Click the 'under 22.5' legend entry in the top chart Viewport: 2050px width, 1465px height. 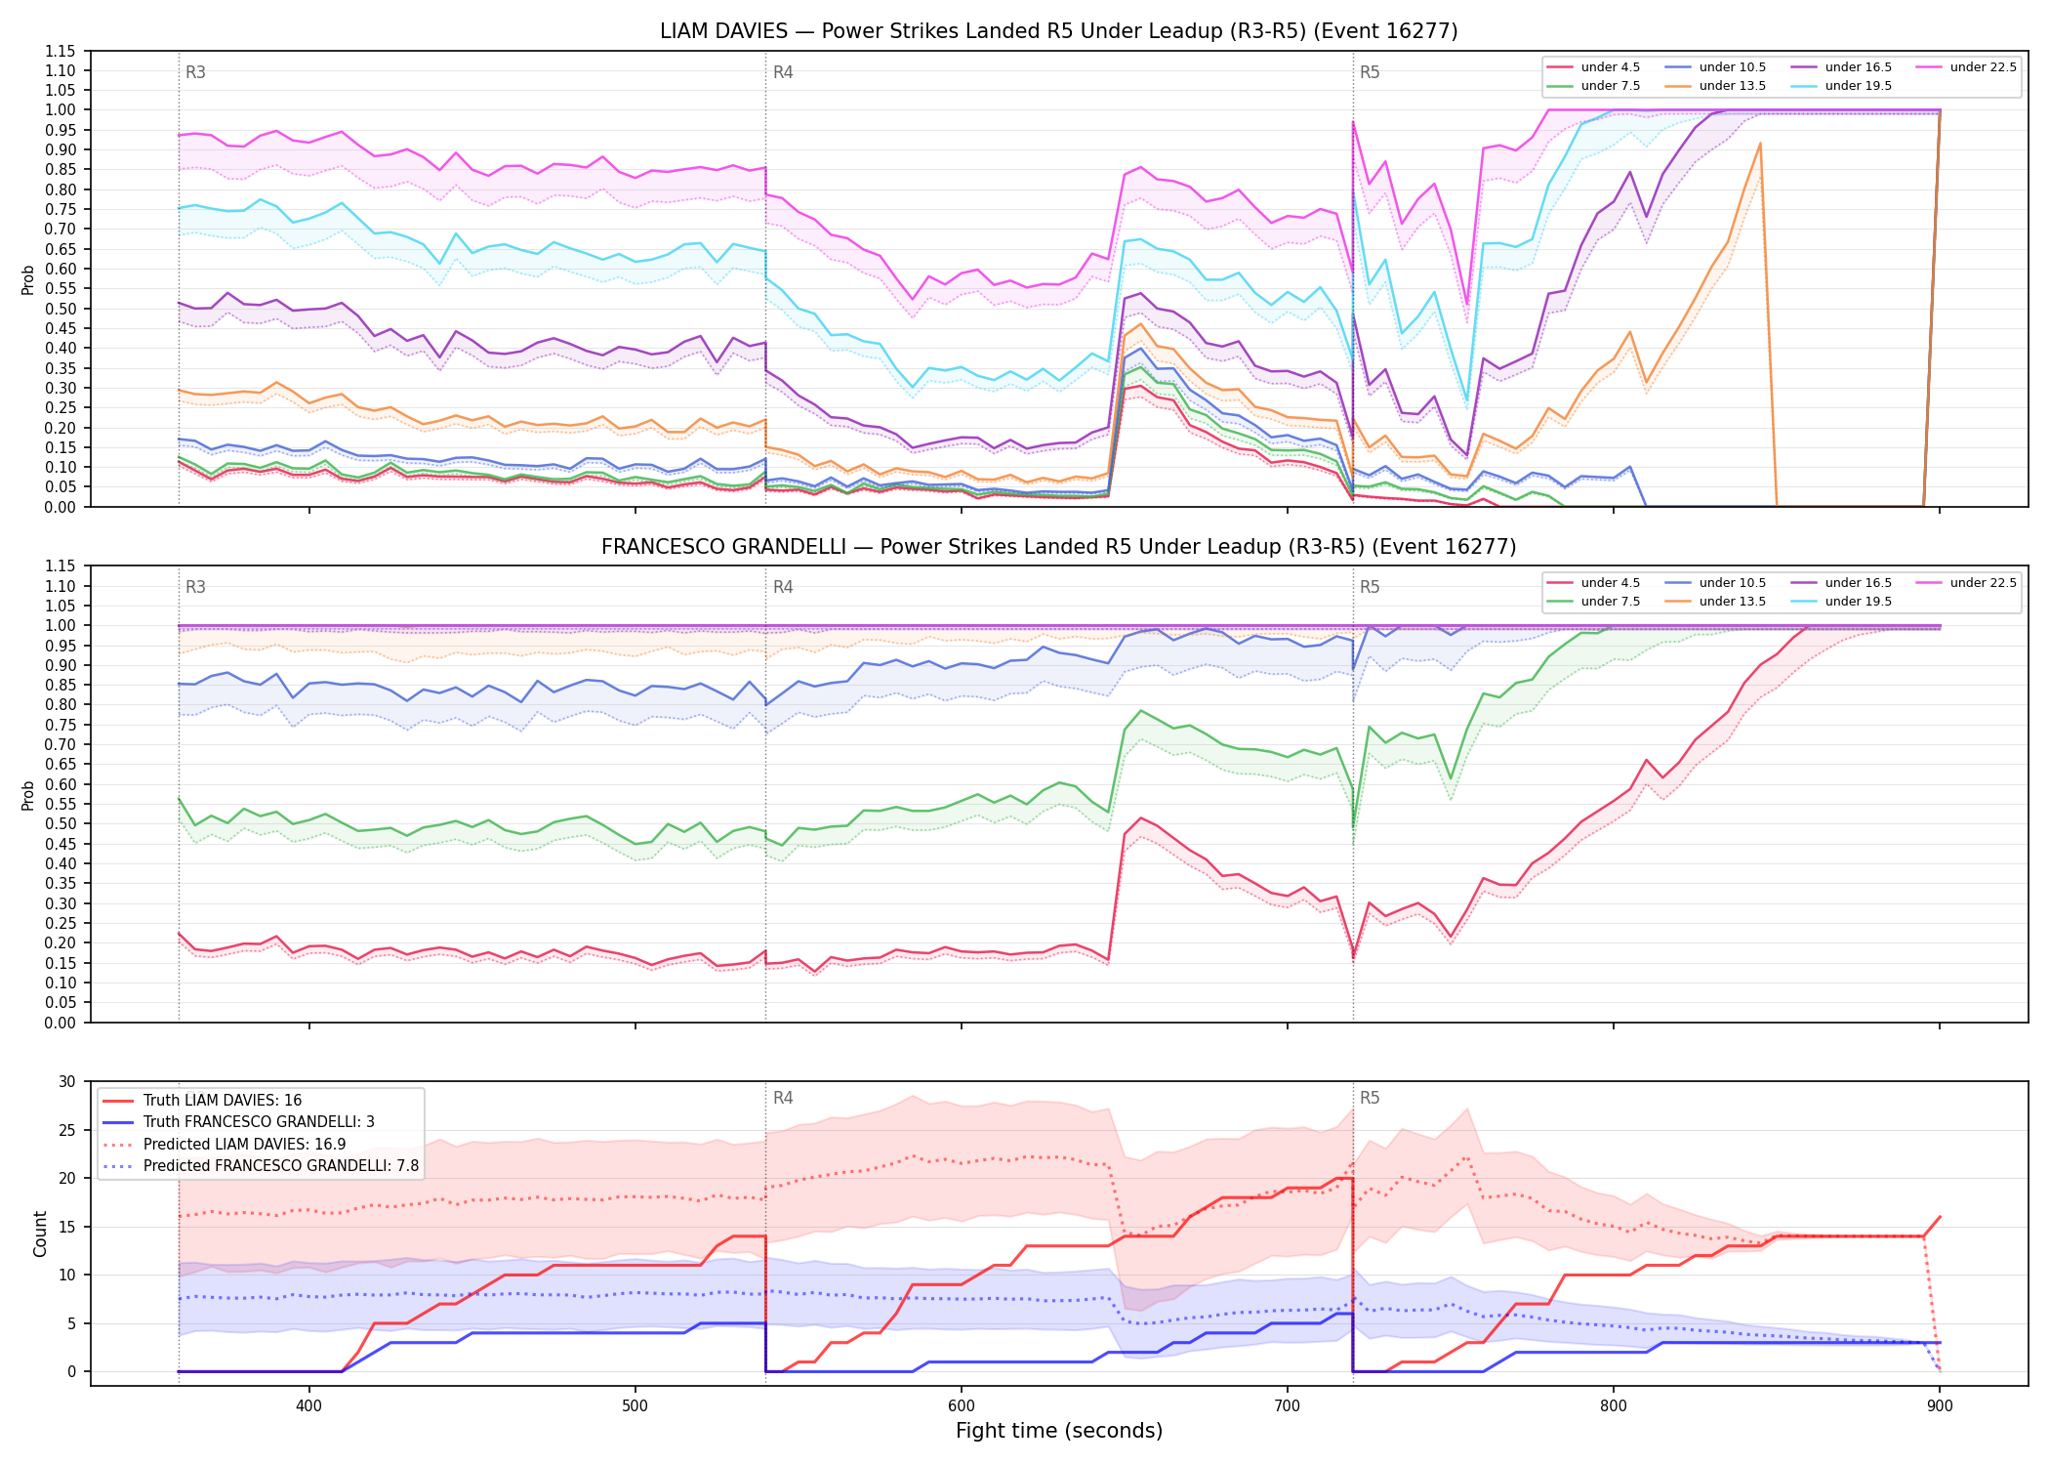(x=1966, y=67)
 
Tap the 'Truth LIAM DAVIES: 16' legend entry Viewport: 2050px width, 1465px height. (x=202, y=1101)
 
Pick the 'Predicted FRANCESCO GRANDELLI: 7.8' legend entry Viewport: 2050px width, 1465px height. (x=261, y=1166)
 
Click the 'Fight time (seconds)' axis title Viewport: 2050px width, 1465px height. (x=1059, y=1432)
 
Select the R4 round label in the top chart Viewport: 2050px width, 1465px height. (x=783, y=72)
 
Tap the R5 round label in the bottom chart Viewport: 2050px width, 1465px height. (x=1370, y=1098)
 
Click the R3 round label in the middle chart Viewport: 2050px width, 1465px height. (x=195, y=587)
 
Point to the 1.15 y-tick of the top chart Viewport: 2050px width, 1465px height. (x=61, y=51)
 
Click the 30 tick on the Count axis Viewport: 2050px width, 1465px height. (x=67, y=1081)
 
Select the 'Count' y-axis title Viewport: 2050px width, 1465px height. (x=40, y=1234)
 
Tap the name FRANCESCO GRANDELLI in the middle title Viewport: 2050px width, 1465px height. (x=723, y=547)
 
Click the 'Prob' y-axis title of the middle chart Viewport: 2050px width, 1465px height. (x=28, y=795)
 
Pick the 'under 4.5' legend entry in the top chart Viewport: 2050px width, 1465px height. (x=1594, y=67)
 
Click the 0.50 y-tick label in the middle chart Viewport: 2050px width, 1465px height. (x=61, y=823)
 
